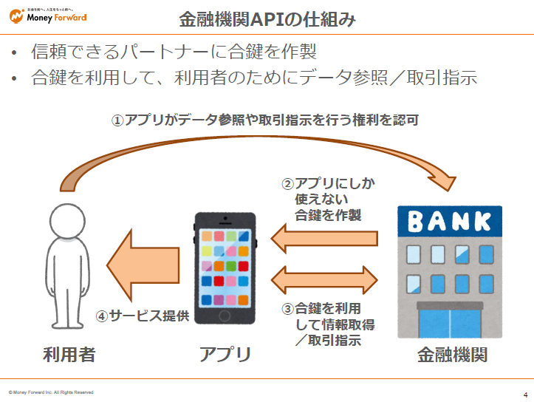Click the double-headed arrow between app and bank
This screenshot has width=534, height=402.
(324, 279)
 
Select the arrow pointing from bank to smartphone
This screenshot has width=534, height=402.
(324, 238)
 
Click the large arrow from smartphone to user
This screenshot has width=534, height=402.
(144, 263)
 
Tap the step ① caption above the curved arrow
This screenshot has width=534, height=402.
(265, 120)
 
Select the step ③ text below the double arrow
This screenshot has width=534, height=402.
(325, 324)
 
